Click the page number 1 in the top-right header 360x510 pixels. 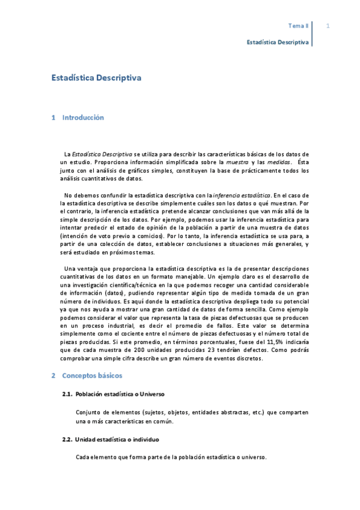click(328, 26)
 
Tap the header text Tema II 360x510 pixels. click(297, 26)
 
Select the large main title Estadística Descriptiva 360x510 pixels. click(96, 78)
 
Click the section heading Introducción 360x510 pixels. click(83, 118)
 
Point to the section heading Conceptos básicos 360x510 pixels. click(92, 376)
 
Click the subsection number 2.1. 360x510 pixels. click(67, 394)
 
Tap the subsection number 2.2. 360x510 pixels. click(67, 440)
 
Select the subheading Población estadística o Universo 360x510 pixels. click(120, 394)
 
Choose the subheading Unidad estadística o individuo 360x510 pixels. click(117, 440)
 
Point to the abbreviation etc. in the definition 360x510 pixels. click(251, 413)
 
